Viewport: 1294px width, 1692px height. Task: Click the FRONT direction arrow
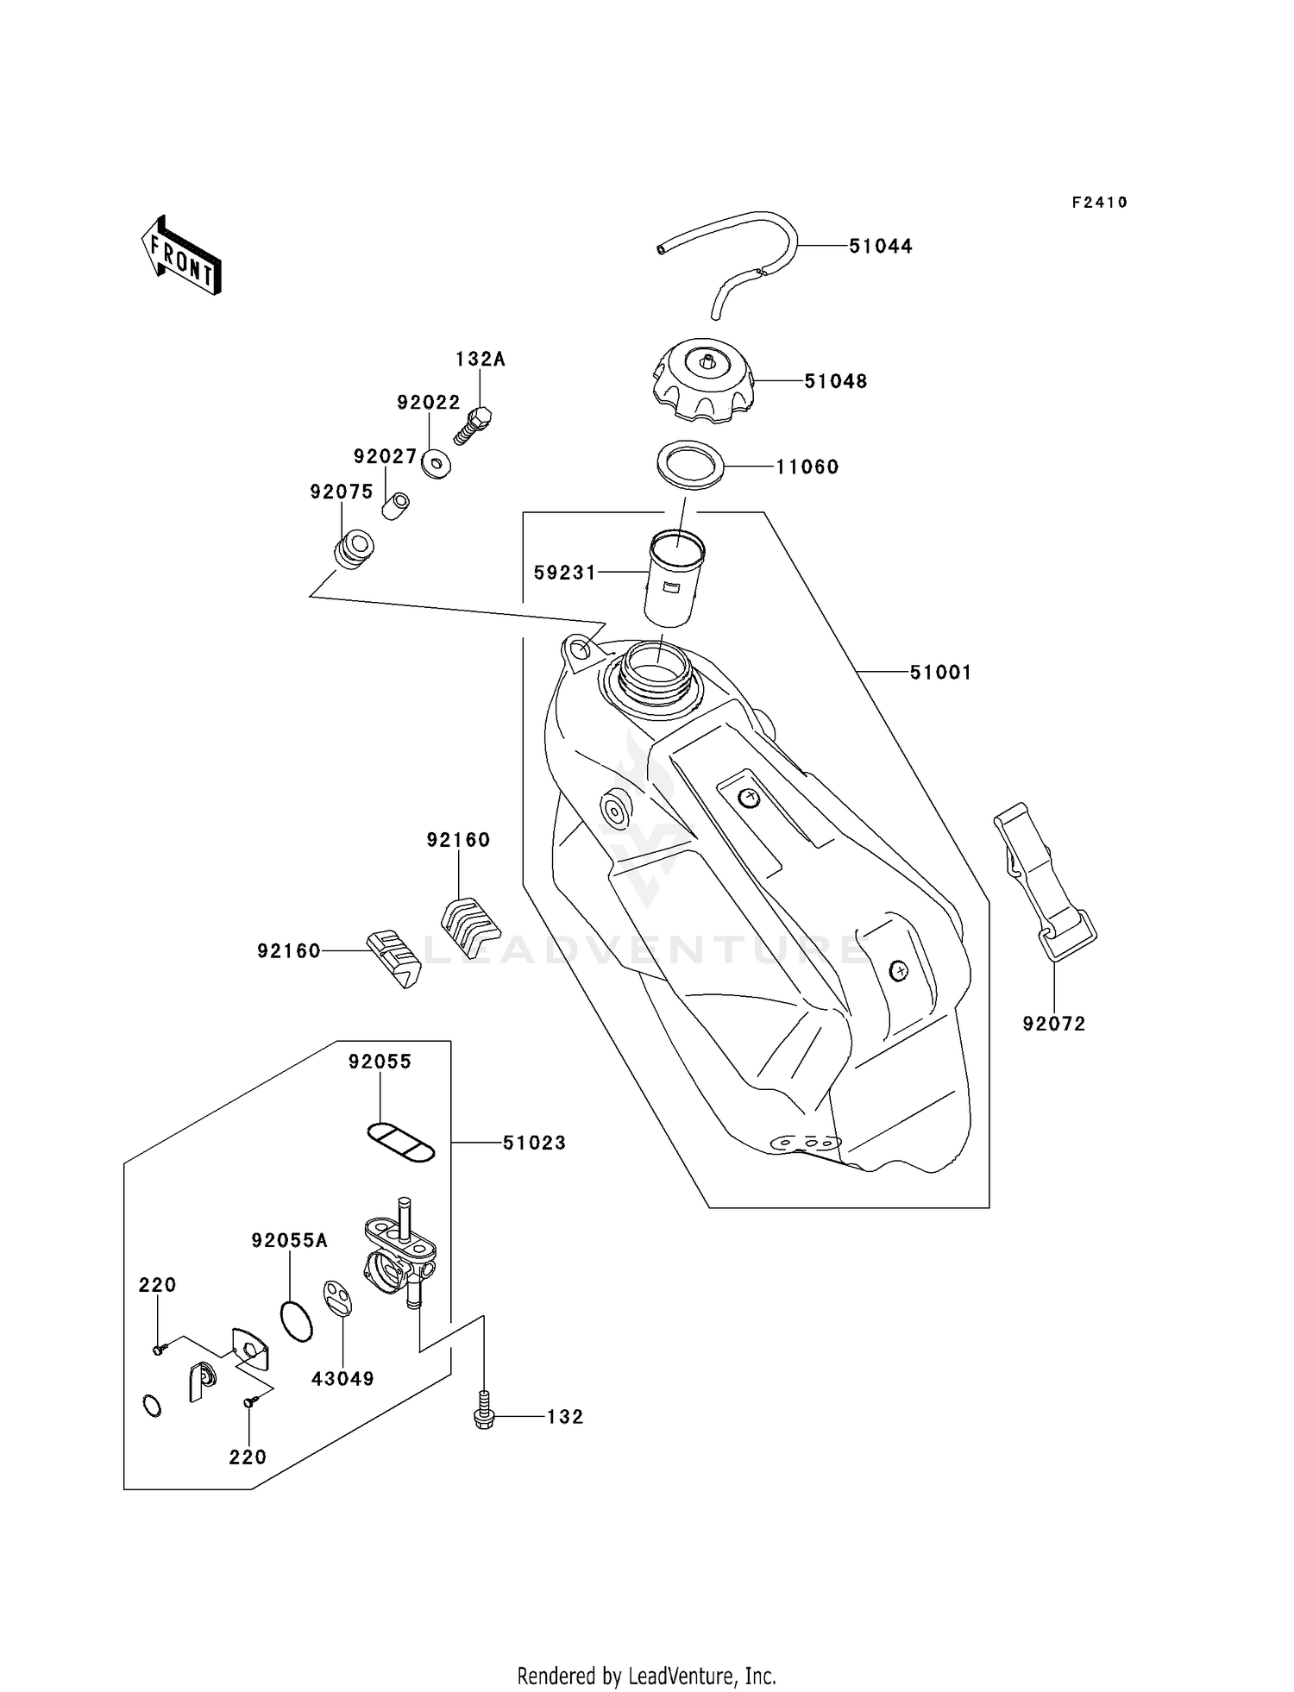click(x=181, y=256)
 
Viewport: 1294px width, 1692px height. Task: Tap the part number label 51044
click(x=880, y=247)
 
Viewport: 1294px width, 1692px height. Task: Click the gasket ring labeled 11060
click(x=690, y=465)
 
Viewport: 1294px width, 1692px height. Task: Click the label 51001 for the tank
click(x=940, y=672)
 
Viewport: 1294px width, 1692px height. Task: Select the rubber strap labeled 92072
click(x=1044, y=880)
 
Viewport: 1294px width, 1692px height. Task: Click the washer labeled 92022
click(x=436, y=465)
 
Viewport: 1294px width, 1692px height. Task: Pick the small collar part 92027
click(x=396, y=505)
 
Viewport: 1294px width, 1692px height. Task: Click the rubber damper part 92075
click(x=354, y=550)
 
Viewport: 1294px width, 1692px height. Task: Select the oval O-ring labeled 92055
click(x=401, y=1144)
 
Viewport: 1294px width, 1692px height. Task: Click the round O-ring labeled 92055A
click(x=297, y=1321)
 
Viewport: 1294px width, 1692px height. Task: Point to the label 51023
click(x=534, y=1143)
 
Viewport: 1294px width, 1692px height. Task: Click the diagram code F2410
click(x=1099, y=203)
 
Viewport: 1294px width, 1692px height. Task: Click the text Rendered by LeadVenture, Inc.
click(x=646, y=1676)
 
